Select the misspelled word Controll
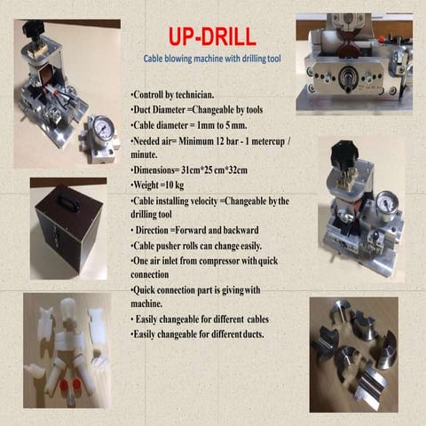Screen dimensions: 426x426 coord(148,93)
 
